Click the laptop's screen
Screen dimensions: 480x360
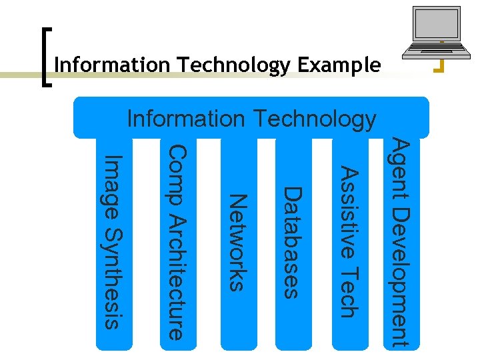pyautogui.click(x=437, y=27)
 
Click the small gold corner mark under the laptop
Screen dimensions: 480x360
pyautogui.click(x=439, y=65)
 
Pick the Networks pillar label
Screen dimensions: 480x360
pyautogui.click(x=238, y=242)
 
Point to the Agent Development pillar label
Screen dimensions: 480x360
pyautogui.click(x=399, y=242)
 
